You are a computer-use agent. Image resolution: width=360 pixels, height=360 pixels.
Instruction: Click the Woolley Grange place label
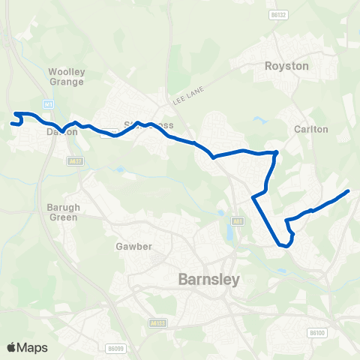coord(67,76)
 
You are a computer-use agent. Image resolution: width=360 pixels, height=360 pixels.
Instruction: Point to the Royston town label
coord(286,66)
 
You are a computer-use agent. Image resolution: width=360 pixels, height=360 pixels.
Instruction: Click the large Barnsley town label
coord(209,280)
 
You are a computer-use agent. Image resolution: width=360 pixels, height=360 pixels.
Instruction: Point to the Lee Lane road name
coord(187,97)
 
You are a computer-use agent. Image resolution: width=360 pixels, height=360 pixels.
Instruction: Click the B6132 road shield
coord(279,14)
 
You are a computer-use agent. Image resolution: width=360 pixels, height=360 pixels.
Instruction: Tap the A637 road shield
coord(74,161)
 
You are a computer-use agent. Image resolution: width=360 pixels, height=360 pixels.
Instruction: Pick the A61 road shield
coord(238,221)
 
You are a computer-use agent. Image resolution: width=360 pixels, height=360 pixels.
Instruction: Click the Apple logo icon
coord(11,347)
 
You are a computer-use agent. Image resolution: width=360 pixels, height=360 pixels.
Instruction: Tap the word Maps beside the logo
coord(32,347)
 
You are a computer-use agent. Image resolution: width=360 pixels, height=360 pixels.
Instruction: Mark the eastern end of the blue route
coord(349,191)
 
